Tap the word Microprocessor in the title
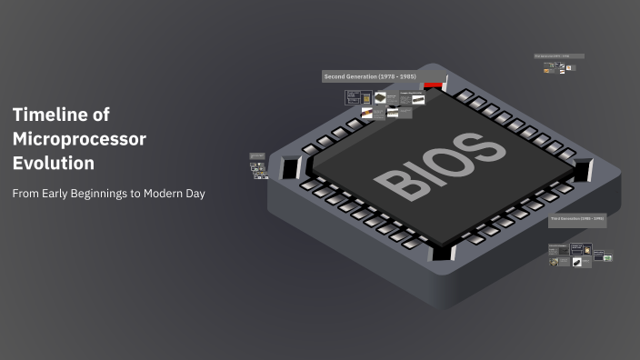point(79,139)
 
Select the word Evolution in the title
point(54,165)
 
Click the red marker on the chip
point(433,85)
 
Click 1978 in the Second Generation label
point(386,76)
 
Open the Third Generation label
point(576,219)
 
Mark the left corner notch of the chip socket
point(290,168)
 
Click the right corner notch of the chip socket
point(583,170)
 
